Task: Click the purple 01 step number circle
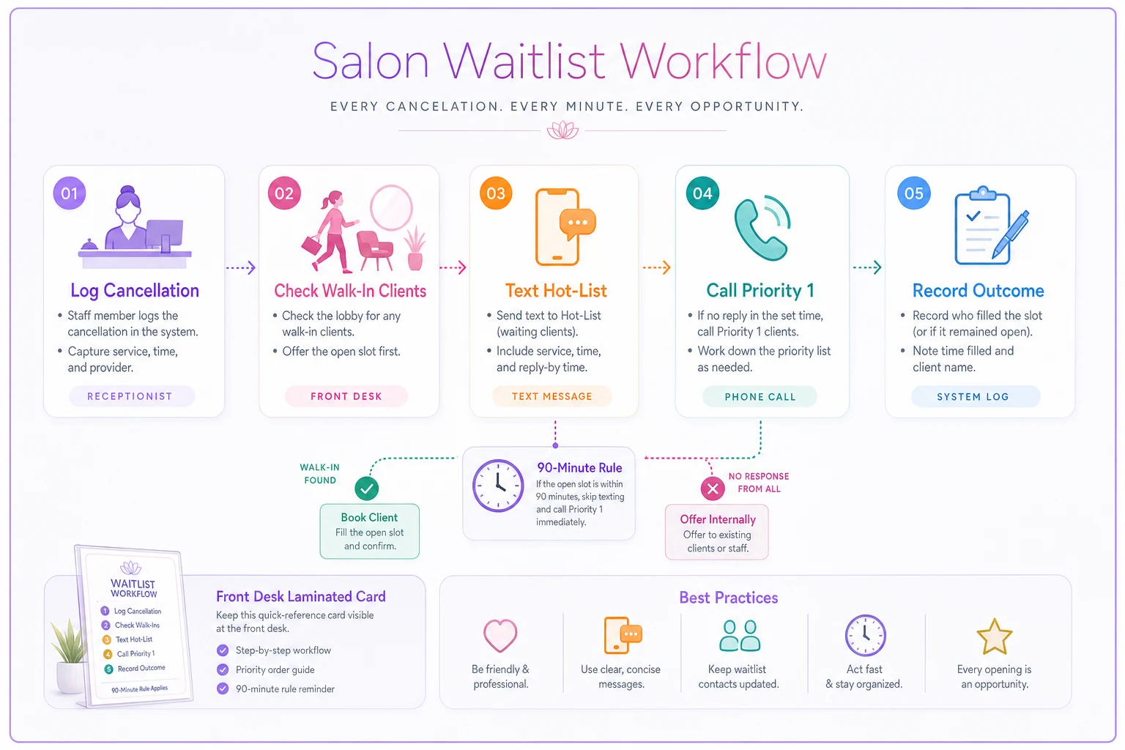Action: pyautogui.click(x=70, y=193)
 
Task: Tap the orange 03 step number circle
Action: pyautogui.click(x=496, y=193)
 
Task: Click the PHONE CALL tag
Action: pyautogui.click(x=760, y=396)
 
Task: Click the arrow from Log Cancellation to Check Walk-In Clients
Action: pyautogui.click(x=241, y=267)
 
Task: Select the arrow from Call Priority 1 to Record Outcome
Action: pyautogui.click(x=867, y=267)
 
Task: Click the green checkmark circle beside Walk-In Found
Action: pyautogui.click(x=367, y=489)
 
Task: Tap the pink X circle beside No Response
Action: pyautogui.click(x=712, y=489)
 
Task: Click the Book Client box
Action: pyautogui.click(x=370, y=531)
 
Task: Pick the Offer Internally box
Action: pyautogui.click(x=717, y=532)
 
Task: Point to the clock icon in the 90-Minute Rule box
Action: pyautogui.click(x=498, y=486)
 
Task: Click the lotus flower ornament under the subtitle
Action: pyautogui.click(x=562, y=130)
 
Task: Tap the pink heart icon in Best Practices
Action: pyautogui.click(x=500, y=636)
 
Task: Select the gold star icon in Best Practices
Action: pyautogui.click(x=994, y=636)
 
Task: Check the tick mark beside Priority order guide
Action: pyautogui.click(x=223, y=669)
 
